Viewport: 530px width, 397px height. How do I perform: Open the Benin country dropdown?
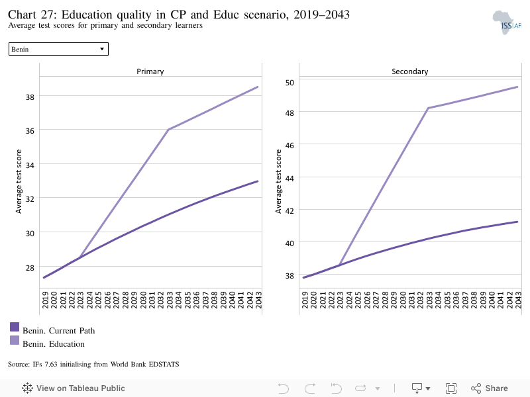(x=58, y=49)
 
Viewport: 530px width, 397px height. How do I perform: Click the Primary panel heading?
(x=150, y=71)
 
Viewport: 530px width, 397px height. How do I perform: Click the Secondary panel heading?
(x=409, y=71)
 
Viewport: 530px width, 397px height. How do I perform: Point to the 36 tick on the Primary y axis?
(x=30, y=131)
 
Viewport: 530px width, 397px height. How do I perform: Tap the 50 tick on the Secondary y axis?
(x=290, y=83)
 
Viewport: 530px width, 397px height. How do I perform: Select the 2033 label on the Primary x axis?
(x=170, y=300)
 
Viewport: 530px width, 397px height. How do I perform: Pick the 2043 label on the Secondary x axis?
(x=519, y=300)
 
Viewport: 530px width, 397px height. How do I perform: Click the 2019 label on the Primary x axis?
(x=45, y=300)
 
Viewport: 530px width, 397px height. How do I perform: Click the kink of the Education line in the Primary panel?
(x=169, y=129)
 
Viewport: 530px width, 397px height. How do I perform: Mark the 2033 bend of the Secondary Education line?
(x=428, y=108)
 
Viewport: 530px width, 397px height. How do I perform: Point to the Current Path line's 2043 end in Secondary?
(x=517, y=222)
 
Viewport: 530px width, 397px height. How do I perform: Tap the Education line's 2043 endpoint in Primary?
(x=258, y=87)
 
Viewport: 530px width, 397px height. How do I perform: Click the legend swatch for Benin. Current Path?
(x=15, y=327)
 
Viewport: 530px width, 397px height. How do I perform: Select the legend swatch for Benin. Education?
(x=15, y=340)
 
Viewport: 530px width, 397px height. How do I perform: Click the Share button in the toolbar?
(x=490, y=388)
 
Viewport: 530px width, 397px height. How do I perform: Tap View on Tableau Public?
(x=74, y=388)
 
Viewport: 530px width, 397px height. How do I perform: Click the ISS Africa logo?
(x=507, y=22)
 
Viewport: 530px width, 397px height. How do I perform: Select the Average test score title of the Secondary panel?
(x=278, y=181)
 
